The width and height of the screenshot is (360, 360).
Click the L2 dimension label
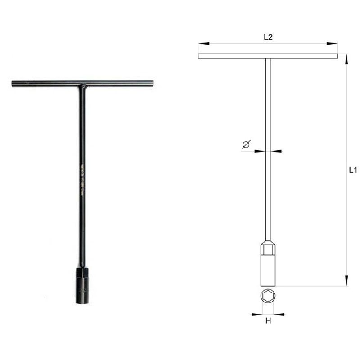point(268,37)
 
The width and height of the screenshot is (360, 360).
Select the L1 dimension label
point(353,171)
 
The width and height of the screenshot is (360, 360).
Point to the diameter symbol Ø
point(246,144)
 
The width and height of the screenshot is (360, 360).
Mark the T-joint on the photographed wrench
point(82,85)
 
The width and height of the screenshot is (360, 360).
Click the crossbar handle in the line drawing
point(234,56)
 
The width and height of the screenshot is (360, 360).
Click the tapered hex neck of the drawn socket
point(268,247)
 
